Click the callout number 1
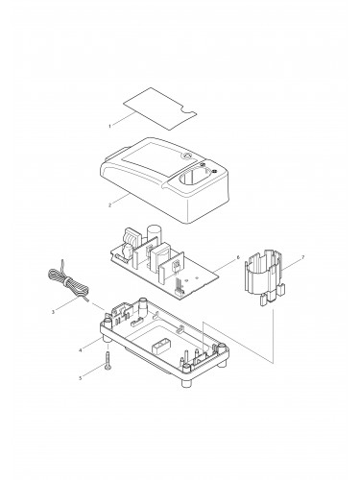click(109, 126)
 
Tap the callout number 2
click(109, 205)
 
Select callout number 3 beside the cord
click(53, 311)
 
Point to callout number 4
click(81, 350)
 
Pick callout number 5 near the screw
click(81, 378)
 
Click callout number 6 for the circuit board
click(237, 257)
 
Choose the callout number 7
click(303, 257)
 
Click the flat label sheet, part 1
click(159, 108)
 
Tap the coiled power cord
click(68, 281)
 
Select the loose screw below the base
click(108, 361)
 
